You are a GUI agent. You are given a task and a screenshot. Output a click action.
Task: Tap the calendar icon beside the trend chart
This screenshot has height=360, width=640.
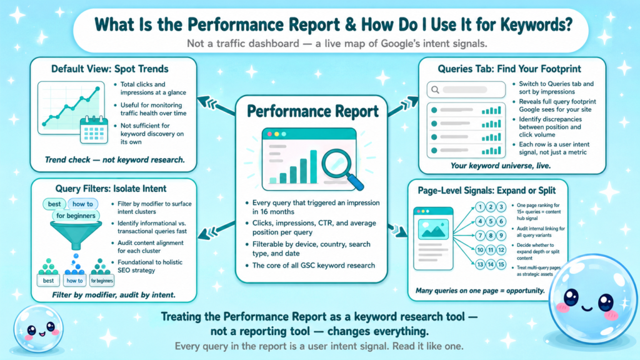coord(94,130)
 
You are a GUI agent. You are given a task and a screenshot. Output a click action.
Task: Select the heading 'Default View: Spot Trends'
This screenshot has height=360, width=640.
coord(110,69)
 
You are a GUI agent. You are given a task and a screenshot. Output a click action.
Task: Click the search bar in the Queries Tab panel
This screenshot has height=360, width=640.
coord(466,90)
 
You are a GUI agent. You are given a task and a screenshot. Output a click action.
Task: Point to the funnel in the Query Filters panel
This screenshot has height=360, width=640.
coord(76,234)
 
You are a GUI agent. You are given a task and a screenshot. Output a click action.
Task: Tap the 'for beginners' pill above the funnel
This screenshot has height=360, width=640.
coord(76,216)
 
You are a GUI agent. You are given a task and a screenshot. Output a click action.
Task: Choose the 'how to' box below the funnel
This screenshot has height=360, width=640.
coord(74,281)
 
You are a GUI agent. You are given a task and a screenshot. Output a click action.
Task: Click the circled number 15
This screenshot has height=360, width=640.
coord(501,264)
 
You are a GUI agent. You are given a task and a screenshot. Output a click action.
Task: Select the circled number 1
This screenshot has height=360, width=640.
coord(480,207)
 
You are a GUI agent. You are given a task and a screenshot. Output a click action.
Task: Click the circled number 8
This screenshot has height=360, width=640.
coord(491,236)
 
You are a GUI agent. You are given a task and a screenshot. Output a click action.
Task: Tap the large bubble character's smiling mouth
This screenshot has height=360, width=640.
coord(587,307)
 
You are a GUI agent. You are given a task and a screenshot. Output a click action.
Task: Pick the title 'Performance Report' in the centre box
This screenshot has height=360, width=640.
coord(312,111)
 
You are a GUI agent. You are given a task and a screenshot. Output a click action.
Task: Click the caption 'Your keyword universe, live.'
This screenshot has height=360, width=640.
coord(501,166)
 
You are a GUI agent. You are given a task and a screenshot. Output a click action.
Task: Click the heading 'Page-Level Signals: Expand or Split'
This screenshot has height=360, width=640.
coord(486,191)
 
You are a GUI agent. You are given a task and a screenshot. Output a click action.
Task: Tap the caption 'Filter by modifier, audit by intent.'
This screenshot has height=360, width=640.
coord(114,295)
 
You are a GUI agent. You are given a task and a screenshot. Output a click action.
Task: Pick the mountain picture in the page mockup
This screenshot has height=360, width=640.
coord(433,229)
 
